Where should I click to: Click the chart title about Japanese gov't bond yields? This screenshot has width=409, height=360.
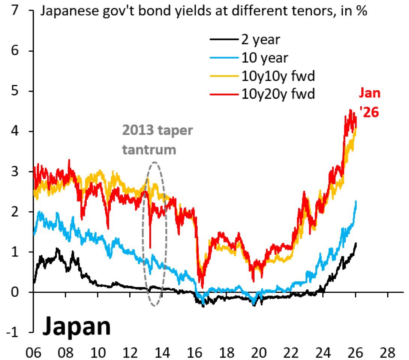[204, 11]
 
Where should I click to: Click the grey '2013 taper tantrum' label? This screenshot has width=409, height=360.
[157, 140]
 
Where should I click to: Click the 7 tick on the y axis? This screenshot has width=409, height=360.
[15, 11]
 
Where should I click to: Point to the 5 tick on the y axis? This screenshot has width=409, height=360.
[15, 91]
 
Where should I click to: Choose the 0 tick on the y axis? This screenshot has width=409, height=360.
[15, 292]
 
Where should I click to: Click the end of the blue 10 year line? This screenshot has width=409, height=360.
[356, 202]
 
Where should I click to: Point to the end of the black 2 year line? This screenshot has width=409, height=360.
[356, 243]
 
